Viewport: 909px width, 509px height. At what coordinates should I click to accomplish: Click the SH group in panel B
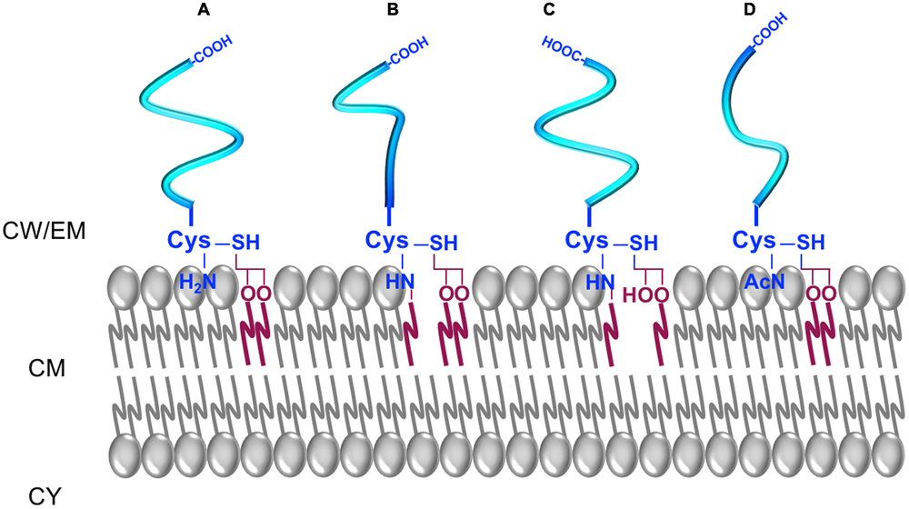(x=443, y=244)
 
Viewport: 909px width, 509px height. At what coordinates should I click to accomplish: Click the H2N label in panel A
(x=197, y=284)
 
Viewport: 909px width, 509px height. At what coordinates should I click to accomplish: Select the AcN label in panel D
(x=761, y=284)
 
